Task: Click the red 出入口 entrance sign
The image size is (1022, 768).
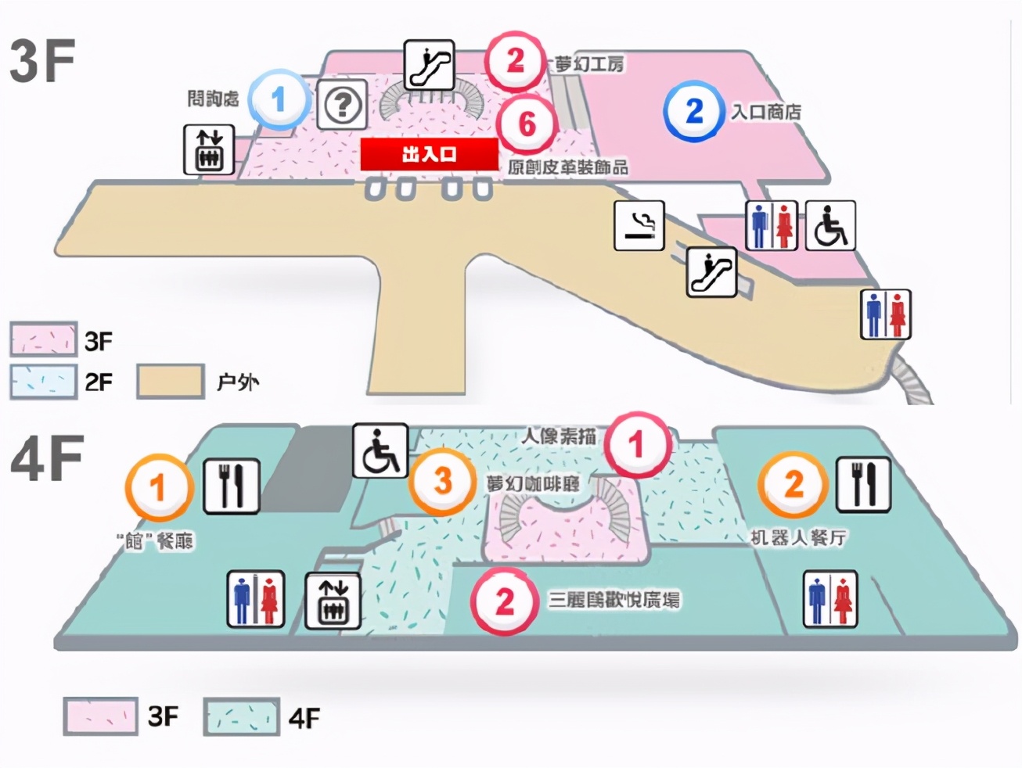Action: point(429,154)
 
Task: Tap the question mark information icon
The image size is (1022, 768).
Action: point(342,105)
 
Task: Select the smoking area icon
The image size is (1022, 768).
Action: point(639,225)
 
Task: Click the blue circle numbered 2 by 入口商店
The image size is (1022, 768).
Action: point(694,111)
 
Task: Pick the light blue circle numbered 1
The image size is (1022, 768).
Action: point(278,100)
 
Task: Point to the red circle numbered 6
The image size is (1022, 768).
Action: point(527,124)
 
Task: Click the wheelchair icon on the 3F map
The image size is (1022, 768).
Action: point(829,225)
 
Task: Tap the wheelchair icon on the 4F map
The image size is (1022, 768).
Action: point(380,450)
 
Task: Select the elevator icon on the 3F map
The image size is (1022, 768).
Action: point(209,149)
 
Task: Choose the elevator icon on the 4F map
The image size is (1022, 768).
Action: point(333,600)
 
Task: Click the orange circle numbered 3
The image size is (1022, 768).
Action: point(443,481)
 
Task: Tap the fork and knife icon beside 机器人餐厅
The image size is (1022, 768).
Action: point(864,483)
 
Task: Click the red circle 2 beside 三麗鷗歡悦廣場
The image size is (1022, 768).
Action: point(505,601)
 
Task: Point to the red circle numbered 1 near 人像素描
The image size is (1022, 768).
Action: point(636,444)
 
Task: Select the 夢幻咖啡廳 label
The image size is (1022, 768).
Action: point(533,483)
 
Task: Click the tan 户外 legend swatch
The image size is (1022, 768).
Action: point(171,381)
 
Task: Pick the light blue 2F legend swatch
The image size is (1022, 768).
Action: point(43,382)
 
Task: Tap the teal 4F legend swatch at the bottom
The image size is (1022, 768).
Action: point(241,717)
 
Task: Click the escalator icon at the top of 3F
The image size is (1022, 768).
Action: point(429,65)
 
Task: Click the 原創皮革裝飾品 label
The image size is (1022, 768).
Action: point(567,167)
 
